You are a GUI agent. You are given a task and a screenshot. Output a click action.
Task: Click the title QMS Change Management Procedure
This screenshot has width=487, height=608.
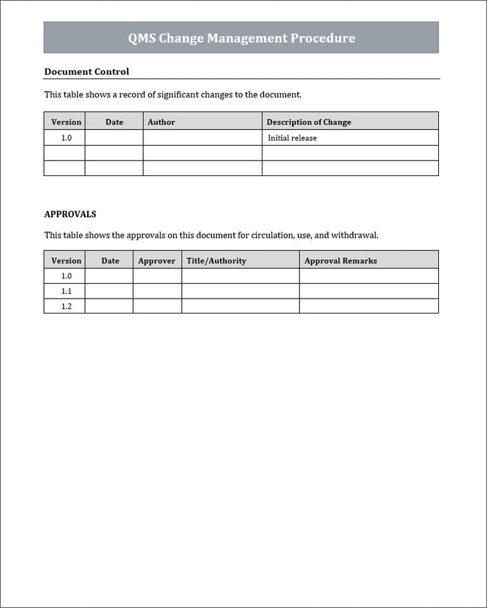pos(241,38)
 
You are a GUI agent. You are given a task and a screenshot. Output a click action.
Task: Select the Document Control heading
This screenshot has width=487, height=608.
pos(87,71)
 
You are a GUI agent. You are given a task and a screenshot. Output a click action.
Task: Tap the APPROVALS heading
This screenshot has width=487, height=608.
pos(70,214)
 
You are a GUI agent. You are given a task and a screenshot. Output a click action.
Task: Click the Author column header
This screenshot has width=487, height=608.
pos(161,122)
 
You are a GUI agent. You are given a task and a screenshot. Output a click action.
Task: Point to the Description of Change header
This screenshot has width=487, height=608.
pos(308,122)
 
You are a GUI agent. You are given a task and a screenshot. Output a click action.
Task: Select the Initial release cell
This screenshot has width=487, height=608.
pos(292,138)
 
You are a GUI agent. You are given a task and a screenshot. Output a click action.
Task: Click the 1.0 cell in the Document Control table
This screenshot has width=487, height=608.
pos(66,138)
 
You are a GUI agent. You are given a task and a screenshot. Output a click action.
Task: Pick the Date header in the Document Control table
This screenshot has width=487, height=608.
pos(114,122)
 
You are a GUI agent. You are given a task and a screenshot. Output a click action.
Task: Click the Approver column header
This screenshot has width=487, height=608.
pos(156,261)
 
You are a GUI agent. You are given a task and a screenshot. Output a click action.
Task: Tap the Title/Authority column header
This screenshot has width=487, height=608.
pos(216,261)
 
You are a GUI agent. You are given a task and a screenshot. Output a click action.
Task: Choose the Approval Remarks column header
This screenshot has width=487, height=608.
pos(340,261)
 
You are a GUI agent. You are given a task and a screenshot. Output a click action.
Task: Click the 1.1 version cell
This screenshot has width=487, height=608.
pos(66,291)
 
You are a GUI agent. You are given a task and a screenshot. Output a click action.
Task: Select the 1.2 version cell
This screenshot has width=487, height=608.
pos(66,306)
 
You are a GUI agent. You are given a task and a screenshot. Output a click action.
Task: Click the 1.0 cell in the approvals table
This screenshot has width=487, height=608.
pos(66,276)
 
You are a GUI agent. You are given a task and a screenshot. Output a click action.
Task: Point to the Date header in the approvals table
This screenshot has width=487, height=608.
pos(110,261)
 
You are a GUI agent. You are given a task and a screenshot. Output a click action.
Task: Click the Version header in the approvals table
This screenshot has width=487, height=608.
pos(66,261)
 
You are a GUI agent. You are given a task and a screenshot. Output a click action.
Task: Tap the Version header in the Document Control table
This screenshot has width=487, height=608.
pos(66,122)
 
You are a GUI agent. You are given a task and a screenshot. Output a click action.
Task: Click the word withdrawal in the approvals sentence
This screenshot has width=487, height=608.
pos(354,236)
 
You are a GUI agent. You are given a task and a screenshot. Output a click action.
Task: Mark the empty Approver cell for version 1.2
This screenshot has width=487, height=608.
pos(157,306)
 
